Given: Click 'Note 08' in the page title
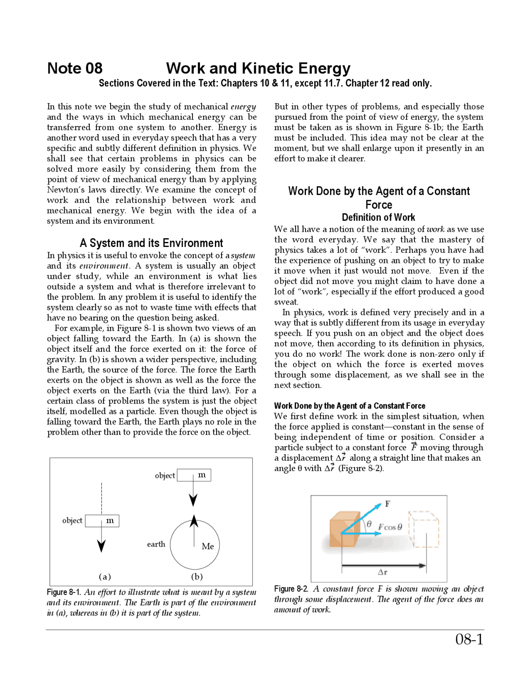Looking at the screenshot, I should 75,68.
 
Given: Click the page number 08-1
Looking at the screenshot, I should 469,639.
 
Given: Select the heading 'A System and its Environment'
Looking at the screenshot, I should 151,243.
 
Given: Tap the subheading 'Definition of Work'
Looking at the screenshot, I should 378,217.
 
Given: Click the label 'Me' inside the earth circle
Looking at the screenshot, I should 207,546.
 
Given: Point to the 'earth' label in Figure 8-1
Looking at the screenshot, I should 156,544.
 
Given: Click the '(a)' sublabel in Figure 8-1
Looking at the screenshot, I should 105,577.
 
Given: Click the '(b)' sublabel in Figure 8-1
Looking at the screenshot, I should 197,577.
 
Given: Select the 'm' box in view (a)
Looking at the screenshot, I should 102,521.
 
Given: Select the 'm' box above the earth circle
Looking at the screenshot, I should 194,475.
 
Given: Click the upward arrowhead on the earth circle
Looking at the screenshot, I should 194,521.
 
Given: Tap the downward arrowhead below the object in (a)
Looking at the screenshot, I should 101,546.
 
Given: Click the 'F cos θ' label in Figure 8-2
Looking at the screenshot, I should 390,527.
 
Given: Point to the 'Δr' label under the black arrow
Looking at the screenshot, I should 383,572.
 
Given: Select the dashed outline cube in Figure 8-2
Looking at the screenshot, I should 424,529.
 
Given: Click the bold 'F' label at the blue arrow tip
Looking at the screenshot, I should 388,504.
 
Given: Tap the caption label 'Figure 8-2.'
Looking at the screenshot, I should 291,589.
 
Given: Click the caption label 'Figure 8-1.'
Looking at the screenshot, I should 64,592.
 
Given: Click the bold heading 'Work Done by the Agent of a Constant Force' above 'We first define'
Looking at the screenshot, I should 349,406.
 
